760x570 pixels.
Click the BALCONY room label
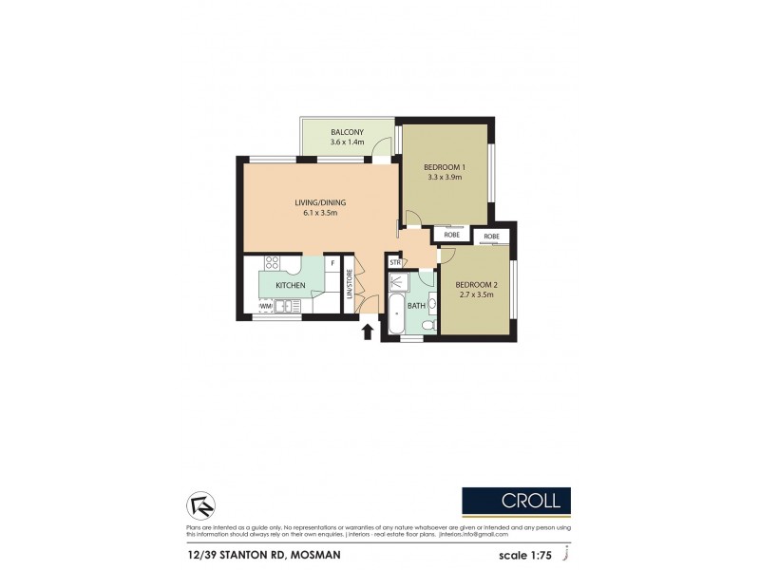click(347, 132)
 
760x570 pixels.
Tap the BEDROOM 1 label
click(444, 167)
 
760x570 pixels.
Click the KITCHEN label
click(290, 285)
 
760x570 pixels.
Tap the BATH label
click(416, 306)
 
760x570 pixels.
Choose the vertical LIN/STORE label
click(349, 285)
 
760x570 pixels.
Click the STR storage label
click(394, 262)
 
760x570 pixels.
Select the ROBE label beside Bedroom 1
click(452, 235)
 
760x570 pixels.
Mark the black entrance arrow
click(369, 332)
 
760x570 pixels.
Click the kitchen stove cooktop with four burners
click(271, 264)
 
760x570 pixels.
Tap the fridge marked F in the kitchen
click(332, 263)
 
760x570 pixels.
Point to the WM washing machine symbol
click(265, 306)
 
